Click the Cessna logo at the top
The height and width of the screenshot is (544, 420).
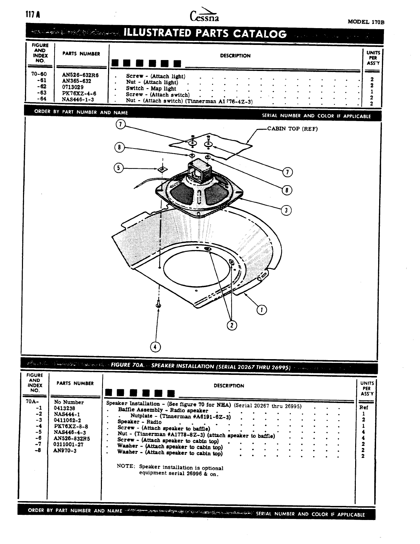pos(204,15)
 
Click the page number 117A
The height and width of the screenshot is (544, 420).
pos(33,15)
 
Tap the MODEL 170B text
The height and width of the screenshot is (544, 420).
pos(366,22)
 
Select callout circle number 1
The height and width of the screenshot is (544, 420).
pos(262,310)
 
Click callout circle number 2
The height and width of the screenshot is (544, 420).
pos(232,324)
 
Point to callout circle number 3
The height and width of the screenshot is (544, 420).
pos(286,210)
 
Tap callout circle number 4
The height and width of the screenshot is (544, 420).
pos(155,347)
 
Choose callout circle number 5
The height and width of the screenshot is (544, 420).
pos(118,168)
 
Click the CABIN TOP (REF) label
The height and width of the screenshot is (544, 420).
pos(292,129)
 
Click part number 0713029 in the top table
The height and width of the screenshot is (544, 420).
pos(73,87)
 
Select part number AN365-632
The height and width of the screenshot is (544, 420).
pos(77,81)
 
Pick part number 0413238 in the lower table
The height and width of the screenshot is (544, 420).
pos(65,408)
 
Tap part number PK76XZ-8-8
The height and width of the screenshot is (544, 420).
pos(71,426)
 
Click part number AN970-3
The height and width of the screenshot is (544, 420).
pos(65,450)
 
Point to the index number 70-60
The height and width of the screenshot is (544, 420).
pos(39,74)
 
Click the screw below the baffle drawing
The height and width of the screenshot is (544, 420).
pos(159,304)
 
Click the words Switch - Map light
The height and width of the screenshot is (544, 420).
pos(151,88)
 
